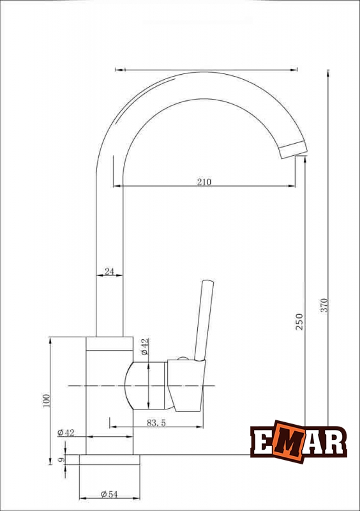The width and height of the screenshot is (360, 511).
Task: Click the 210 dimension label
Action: point(204,181)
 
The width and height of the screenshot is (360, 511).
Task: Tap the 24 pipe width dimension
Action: point(109,271)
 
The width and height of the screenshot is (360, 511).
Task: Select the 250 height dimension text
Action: point(299,322)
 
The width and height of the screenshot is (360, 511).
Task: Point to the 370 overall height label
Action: point(324,305)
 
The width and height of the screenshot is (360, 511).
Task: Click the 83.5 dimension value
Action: point(156,423)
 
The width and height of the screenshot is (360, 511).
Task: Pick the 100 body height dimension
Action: point(47,400)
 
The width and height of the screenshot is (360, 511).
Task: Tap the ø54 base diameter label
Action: point(109,494)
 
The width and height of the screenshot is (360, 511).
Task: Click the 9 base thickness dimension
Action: point(61,459)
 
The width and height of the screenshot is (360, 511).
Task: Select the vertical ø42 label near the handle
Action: point(145,347)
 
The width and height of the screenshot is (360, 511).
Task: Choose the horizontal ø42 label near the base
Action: point(66,433)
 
